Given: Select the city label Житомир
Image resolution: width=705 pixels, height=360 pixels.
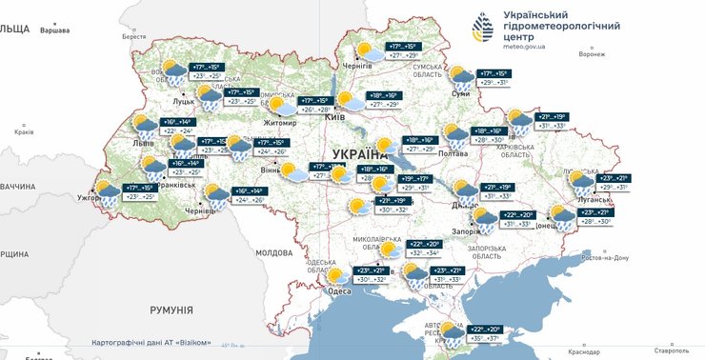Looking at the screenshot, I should pos(282,123).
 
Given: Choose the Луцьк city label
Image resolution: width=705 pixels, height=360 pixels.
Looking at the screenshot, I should pos(183,99).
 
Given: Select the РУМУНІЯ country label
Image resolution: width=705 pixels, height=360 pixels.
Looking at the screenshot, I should pos(171,310).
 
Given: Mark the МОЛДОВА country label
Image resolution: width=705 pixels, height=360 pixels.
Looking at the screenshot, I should pos(273,252).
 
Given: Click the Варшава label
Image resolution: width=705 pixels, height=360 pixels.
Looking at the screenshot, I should pos(55,30).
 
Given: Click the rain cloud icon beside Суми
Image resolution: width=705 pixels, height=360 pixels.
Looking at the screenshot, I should pos(462,78).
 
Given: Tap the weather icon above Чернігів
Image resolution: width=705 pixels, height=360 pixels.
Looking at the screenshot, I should pos(365,51).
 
